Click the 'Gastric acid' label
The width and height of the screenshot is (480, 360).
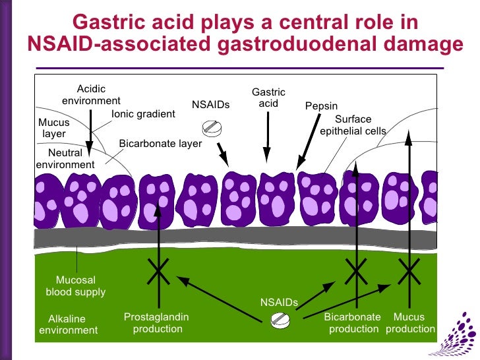(x=268, y=98)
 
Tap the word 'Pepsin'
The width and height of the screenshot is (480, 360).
(x=321, y=105)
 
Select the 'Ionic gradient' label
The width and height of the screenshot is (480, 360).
(x=143, y=114)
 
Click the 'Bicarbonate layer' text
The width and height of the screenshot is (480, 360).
(x=160, y=143)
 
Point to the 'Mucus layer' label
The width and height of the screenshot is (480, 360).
(x=53, y=128)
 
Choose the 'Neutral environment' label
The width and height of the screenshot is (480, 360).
(x=65, y=159)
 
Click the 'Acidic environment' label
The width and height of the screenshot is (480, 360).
(x=91, y=95)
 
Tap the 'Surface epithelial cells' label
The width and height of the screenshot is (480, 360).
(x=353, y=125)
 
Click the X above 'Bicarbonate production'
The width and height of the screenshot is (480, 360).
(x=356, y=269)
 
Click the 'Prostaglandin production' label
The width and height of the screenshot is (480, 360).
(x=156, y=323)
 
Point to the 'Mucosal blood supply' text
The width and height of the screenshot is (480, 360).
(x=75, y=286)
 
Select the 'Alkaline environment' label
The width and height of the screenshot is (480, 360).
(x=68, y=324)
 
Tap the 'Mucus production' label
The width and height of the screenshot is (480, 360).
(x=410, y=323)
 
